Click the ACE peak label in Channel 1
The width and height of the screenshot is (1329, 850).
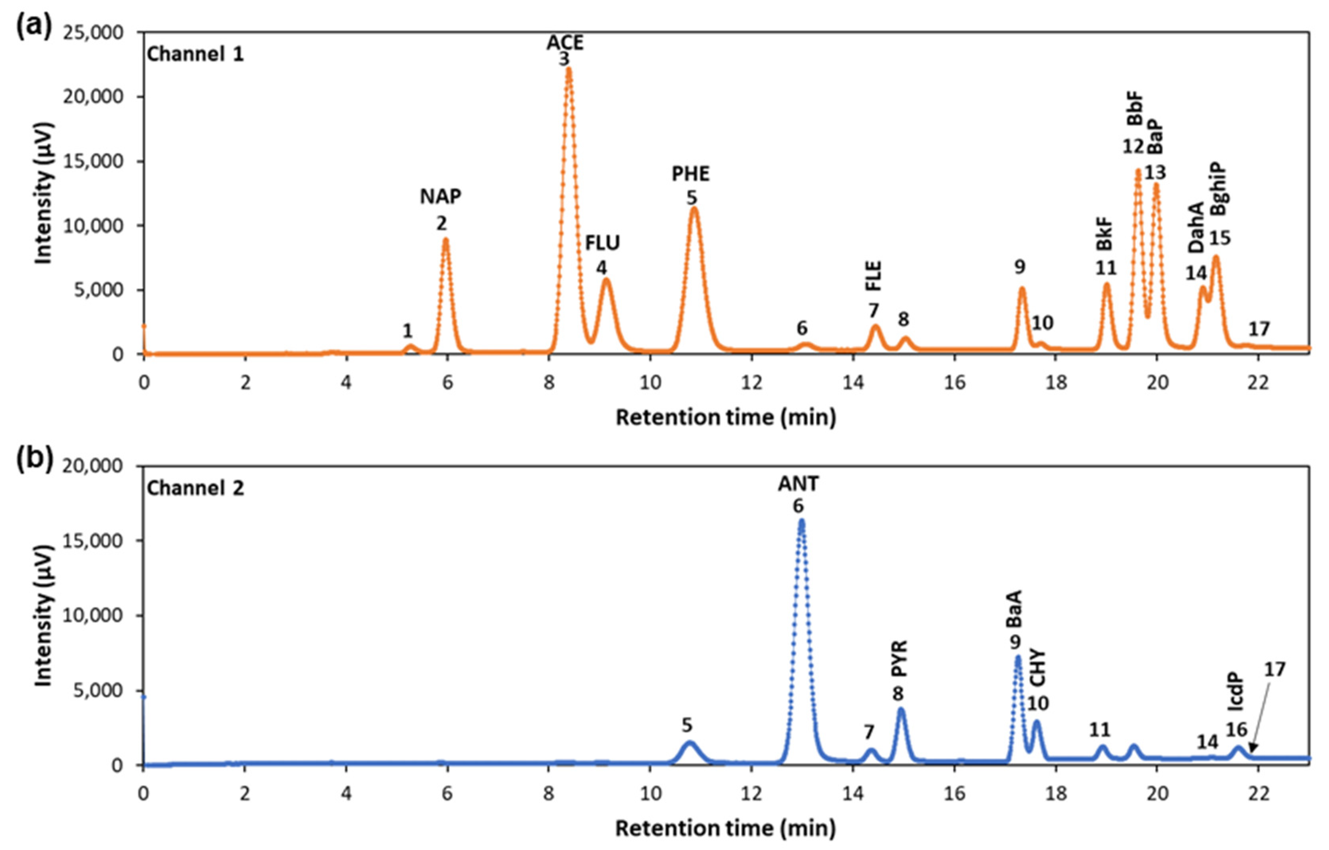tap(565, 43)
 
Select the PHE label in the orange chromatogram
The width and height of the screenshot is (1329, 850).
tap(691, 174)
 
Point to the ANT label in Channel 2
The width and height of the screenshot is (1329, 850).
tap(798, 484)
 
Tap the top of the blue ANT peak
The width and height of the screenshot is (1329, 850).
tap(801, 520)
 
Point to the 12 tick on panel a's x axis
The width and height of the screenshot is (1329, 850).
tap(752, 382)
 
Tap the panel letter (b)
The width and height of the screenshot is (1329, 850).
tap(34, 460)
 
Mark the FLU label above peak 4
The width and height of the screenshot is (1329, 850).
tap(602, 242)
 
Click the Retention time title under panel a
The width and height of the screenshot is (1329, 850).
tap(725, 417)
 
